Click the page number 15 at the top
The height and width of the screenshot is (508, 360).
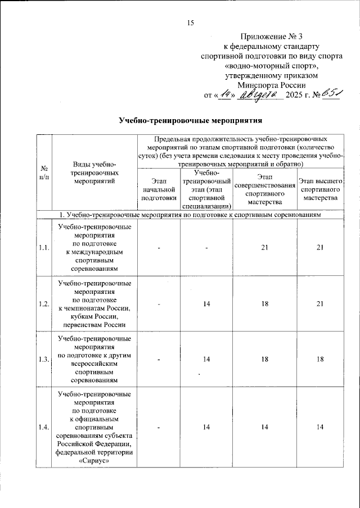[x=190, y=22]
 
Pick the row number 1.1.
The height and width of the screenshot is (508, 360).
[x=44, y=247]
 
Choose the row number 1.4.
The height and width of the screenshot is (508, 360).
[x=44, y=428]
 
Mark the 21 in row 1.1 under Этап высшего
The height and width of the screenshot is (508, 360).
[x=319, y=247]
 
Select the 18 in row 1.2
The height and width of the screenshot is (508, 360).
[x=264, y=304]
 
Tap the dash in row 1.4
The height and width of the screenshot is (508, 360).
[x=159, y=428]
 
